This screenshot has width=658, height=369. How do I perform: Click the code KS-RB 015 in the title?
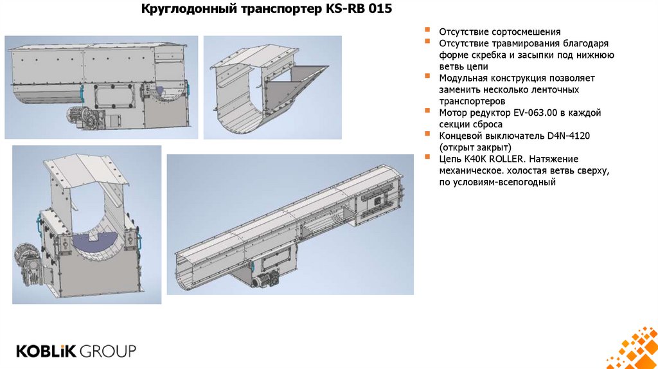coord(359,9)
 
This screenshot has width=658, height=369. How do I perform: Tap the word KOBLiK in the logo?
coord(46,351)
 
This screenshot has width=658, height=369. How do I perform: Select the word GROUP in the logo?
coord(108,351)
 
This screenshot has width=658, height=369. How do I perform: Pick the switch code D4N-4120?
coord(568,136)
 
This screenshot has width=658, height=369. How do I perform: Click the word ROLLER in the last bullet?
coord(506,159)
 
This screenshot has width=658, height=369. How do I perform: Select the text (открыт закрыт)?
coord(475,147)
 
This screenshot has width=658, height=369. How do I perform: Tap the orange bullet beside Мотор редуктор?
coord(427,111)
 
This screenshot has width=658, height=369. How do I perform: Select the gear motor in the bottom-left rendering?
coord(30,263)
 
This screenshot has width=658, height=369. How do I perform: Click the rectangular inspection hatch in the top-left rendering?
coord(114,96)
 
